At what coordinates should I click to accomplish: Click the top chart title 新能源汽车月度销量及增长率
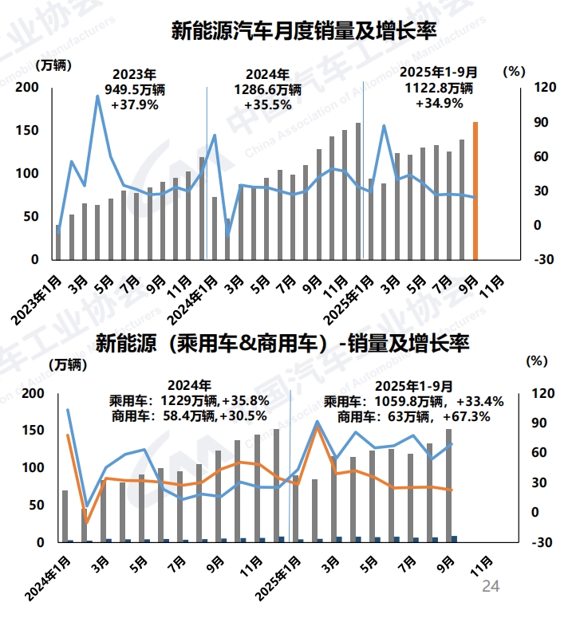pos(303,32)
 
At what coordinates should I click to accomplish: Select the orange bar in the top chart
pos(475,191)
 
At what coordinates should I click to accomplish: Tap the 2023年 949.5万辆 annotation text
pos(134,81)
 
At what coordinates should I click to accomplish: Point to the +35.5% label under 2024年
pos(268,104)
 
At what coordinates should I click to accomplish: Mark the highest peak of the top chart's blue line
pos(97,96)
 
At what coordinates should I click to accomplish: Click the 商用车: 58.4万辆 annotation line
pos(188,415)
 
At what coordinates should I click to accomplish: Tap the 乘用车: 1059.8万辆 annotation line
pos(412,401)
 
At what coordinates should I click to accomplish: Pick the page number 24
pos(490,587)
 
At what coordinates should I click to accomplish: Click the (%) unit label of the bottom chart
pos(538,360)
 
